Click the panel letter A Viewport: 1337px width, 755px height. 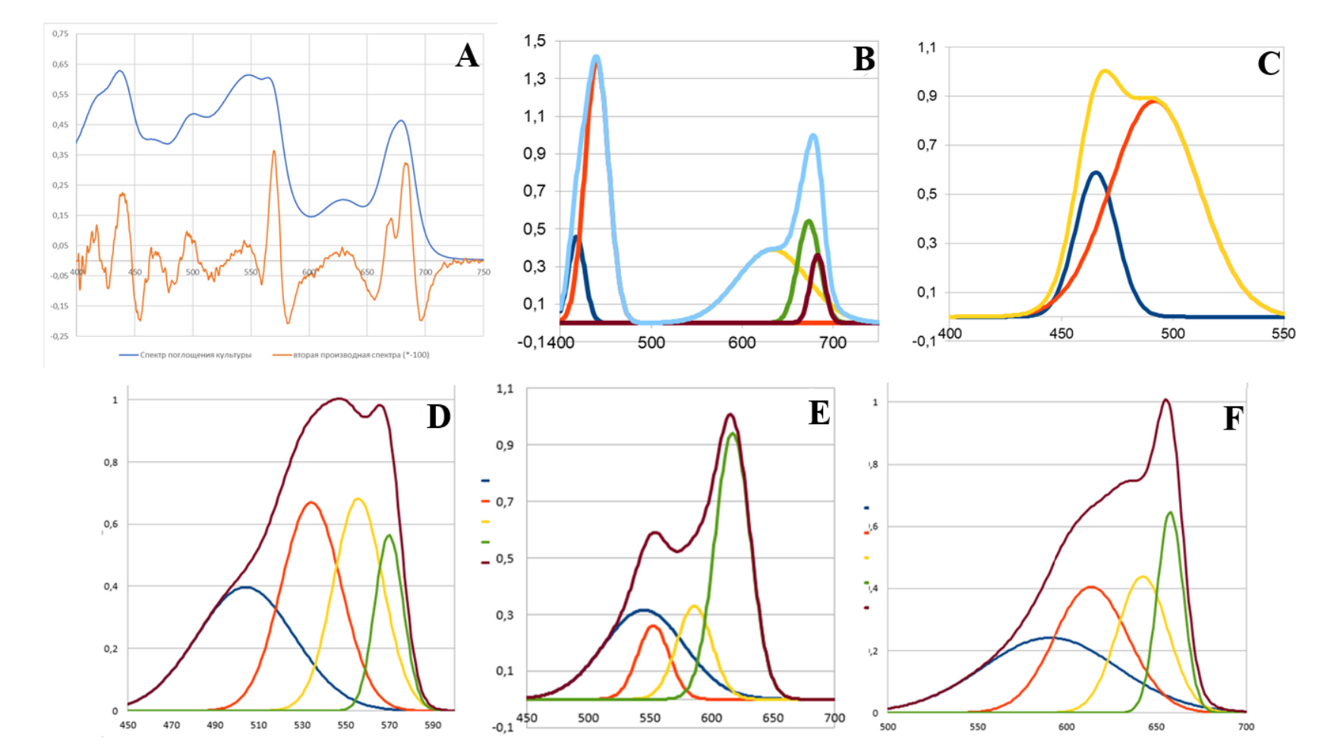(467, 55)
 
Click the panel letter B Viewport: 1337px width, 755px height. (863, 59)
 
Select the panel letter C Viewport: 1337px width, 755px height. (1269, 64)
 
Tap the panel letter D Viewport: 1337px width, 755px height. (438, 417)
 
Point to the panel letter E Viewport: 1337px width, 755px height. (818, 413)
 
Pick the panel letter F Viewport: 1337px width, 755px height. (1232, 418)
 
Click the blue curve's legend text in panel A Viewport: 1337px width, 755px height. (195, 355)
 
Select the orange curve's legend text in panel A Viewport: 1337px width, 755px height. (361, 355)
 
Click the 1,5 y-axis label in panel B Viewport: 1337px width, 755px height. (534, 41)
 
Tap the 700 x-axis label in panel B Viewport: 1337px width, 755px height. (833, 343)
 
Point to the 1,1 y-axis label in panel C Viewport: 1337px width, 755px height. (927, 48)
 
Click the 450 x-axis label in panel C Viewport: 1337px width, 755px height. (1061, 334)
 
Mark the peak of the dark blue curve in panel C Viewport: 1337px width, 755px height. (1096, 172)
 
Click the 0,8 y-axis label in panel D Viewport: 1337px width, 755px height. (111, 462)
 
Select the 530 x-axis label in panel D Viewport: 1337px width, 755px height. (302, 725)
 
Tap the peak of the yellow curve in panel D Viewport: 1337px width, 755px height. (358, 499)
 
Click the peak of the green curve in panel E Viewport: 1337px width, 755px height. (732, 433)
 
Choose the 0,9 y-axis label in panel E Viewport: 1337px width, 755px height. (505, 445)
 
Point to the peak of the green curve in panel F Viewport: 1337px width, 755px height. (1170, 512)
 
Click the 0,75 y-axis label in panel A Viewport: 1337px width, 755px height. (60, 34)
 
